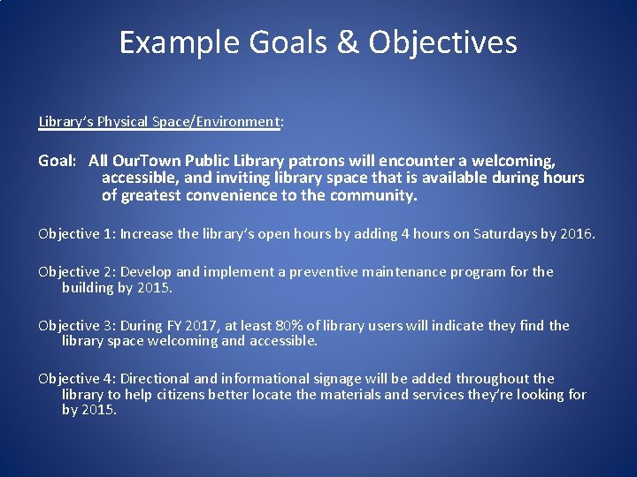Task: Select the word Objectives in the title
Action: tap(442, 42)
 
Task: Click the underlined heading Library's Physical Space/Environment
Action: tap(160, 121)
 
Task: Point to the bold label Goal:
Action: tap(58, 161)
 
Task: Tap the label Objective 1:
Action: tap(77, 234)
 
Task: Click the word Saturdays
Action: tap(505, 234)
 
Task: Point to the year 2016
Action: tap(576, 234)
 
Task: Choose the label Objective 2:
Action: tap(77, 272)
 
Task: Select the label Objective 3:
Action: tap(77, 325)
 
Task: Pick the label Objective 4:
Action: tap(77, 378)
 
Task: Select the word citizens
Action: tap(177, 394)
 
